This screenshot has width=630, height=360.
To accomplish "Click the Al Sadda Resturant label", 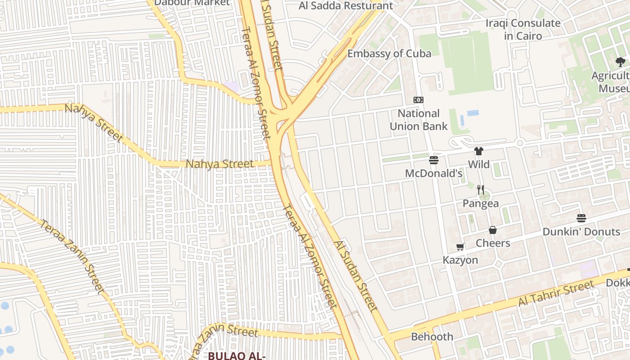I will pyautogui.click(x=346, y=6).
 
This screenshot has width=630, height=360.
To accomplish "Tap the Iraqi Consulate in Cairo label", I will pyautogui.click(x=523, y=29).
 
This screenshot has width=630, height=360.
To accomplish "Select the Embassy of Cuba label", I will pyautogui.click(x=389, y=54).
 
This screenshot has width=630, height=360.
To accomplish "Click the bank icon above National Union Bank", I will pyautogui.click(x=418, y=100).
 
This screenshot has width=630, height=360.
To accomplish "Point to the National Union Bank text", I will pyautogui.click(x=418, y=120).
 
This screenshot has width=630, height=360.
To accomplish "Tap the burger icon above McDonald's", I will pyautogui.click(x=434, y=160).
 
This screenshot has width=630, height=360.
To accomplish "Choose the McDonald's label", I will pyautogui.click(x=434, y=173).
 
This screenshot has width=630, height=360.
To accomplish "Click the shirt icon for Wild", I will pyautogui.click(x=478, y=151).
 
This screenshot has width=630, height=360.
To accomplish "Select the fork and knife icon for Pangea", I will pyautogui.click(x=481, y=190).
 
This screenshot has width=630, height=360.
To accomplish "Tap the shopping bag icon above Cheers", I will pyautogui.click(x=493, y=230).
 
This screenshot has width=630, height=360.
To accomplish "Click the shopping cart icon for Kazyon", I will pyautogui.click(x=460, y=247).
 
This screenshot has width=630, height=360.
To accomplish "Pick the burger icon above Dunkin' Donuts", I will pyautogui.click(x=581, y=218).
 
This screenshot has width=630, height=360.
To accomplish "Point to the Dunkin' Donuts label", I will pyautogui.click(x=581, y=232).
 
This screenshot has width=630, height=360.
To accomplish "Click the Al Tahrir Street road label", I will pyautogui.click(x=556, y=293).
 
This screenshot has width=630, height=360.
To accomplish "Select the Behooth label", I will pyautogui.click(x=432, y=337).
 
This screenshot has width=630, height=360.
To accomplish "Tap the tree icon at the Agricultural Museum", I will pyautogui.click(x=621, y=62).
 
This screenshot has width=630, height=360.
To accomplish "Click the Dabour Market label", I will pyautogui.click(x=192, y=3).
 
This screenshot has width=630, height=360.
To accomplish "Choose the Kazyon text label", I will pyautogui.click(x=460, y=260).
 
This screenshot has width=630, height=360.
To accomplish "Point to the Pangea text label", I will pyautogui.click(x=481, y=203).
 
